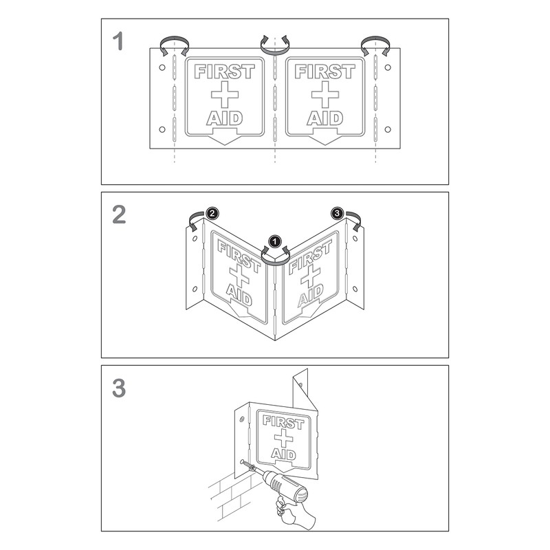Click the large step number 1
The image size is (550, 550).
point(118,41)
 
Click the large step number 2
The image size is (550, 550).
point(118,214)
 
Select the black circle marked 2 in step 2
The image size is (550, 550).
point(212,214)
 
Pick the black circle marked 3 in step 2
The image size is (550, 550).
point(337,214)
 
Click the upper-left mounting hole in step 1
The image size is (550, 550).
point(162,67)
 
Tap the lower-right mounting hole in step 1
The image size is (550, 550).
point(388,129)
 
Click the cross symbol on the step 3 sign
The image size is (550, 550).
point(284,438)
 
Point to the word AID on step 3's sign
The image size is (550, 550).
point(283,454)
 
